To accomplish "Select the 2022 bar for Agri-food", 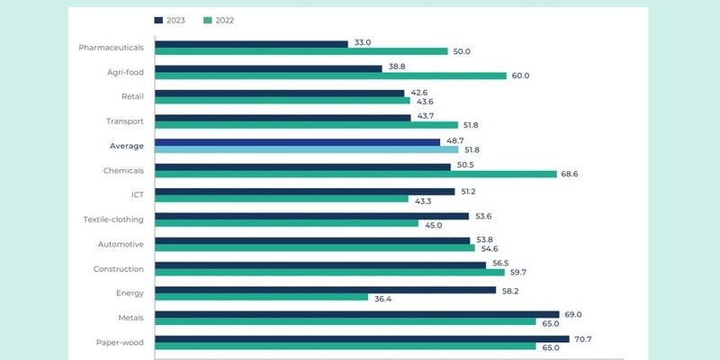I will [330, 76].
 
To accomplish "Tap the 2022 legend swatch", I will [208, 19].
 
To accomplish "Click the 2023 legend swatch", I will [158, 19].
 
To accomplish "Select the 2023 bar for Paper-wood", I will [362, 338].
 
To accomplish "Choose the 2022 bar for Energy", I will [261, 297].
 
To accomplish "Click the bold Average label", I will [125, 144].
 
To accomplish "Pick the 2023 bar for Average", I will [297, 141].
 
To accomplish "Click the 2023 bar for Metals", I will [356, 313].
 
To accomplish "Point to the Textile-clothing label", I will [113, 219].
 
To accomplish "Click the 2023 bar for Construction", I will [319, 265].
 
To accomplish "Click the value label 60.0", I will [519, 76].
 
